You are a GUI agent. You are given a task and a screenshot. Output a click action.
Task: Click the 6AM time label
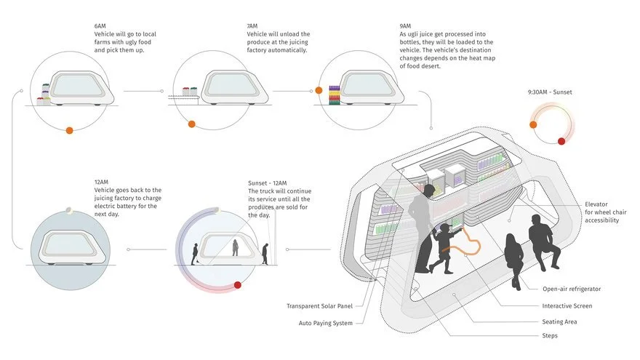click(100, 26)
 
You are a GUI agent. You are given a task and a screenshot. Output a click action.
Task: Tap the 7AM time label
click(252, 26)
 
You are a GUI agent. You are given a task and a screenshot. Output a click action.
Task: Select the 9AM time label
click(396, 26)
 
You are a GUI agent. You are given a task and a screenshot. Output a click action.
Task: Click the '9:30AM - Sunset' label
click(554, 92)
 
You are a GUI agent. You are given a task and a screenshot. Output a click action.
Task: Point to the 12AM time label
click(100, 180)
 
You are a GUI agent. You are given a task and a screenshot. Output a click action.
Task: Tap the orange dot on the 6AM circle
click(69, 130)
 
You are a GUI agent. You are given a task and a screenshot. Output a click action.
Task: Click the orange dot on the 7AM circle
click(191, 124)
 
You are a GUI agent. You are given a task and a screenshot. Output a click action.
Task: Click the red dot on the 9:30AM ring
click(561, 141)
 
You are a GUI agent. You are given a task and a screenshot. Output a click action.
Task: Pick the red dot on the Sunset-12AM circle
click(237, 284)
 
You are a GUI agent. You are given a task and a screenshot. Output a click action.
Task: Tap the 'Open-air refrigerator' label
click(571, 289)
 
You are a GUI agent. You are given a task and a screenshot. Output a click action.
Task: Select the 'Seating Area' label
click(561, 321)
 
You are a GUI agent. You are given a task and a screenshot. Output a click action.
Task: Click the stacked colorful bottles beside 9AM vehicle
click(335, 95)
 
